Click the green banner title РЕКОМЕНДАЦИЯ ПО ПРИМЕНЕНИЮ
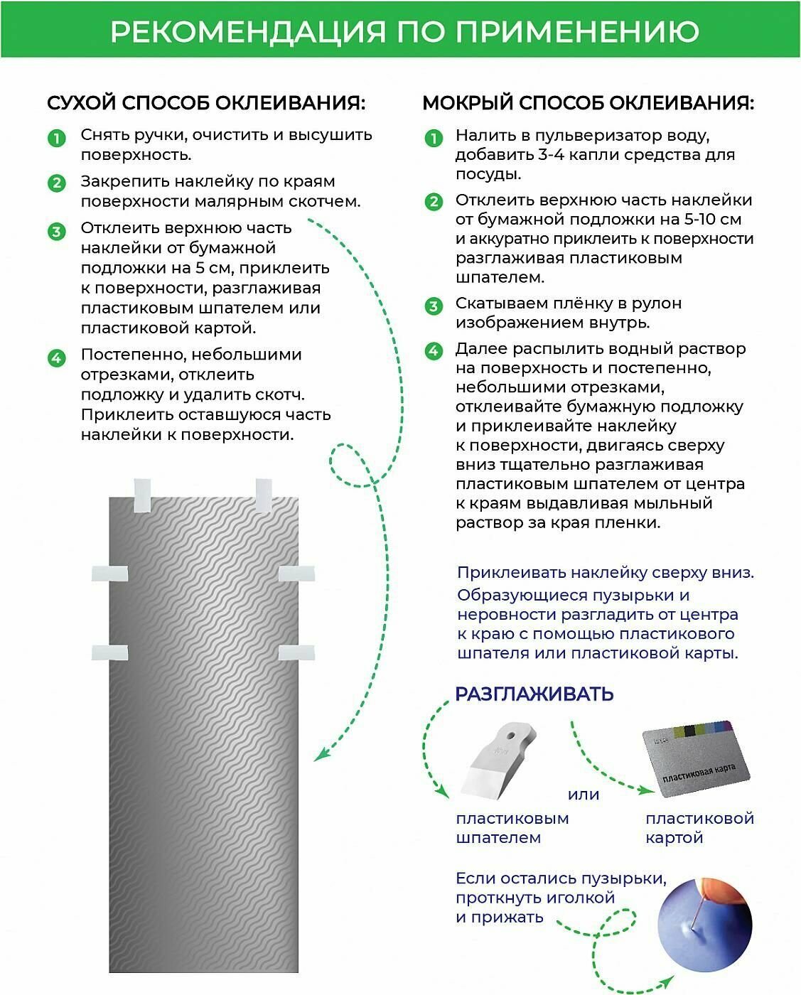coord(404,31)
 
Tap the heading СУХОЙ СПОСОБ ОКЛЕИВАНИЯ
coord(206,103)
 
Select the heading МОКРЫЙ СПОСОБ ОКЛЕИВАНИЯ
coord(588,103)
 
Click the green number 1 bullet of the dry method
coord(56,137)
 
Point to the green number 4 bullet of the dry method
coord(56,357)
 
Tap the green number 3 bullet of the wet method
coord(434,306)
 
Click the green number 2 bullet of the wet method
coord(434,203)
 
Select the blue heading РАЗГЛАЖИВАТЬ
coord(534,694)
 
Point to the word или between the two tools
coord(584,794)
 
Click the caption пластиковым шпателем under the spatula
coord(512,827)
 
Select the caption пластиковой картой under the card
coord(699,827)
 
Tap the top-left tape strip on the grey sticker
coord(142,495)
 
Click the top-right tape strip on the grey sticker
coord(264,495)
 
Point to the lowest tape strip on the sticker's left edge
coord(109,652)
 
